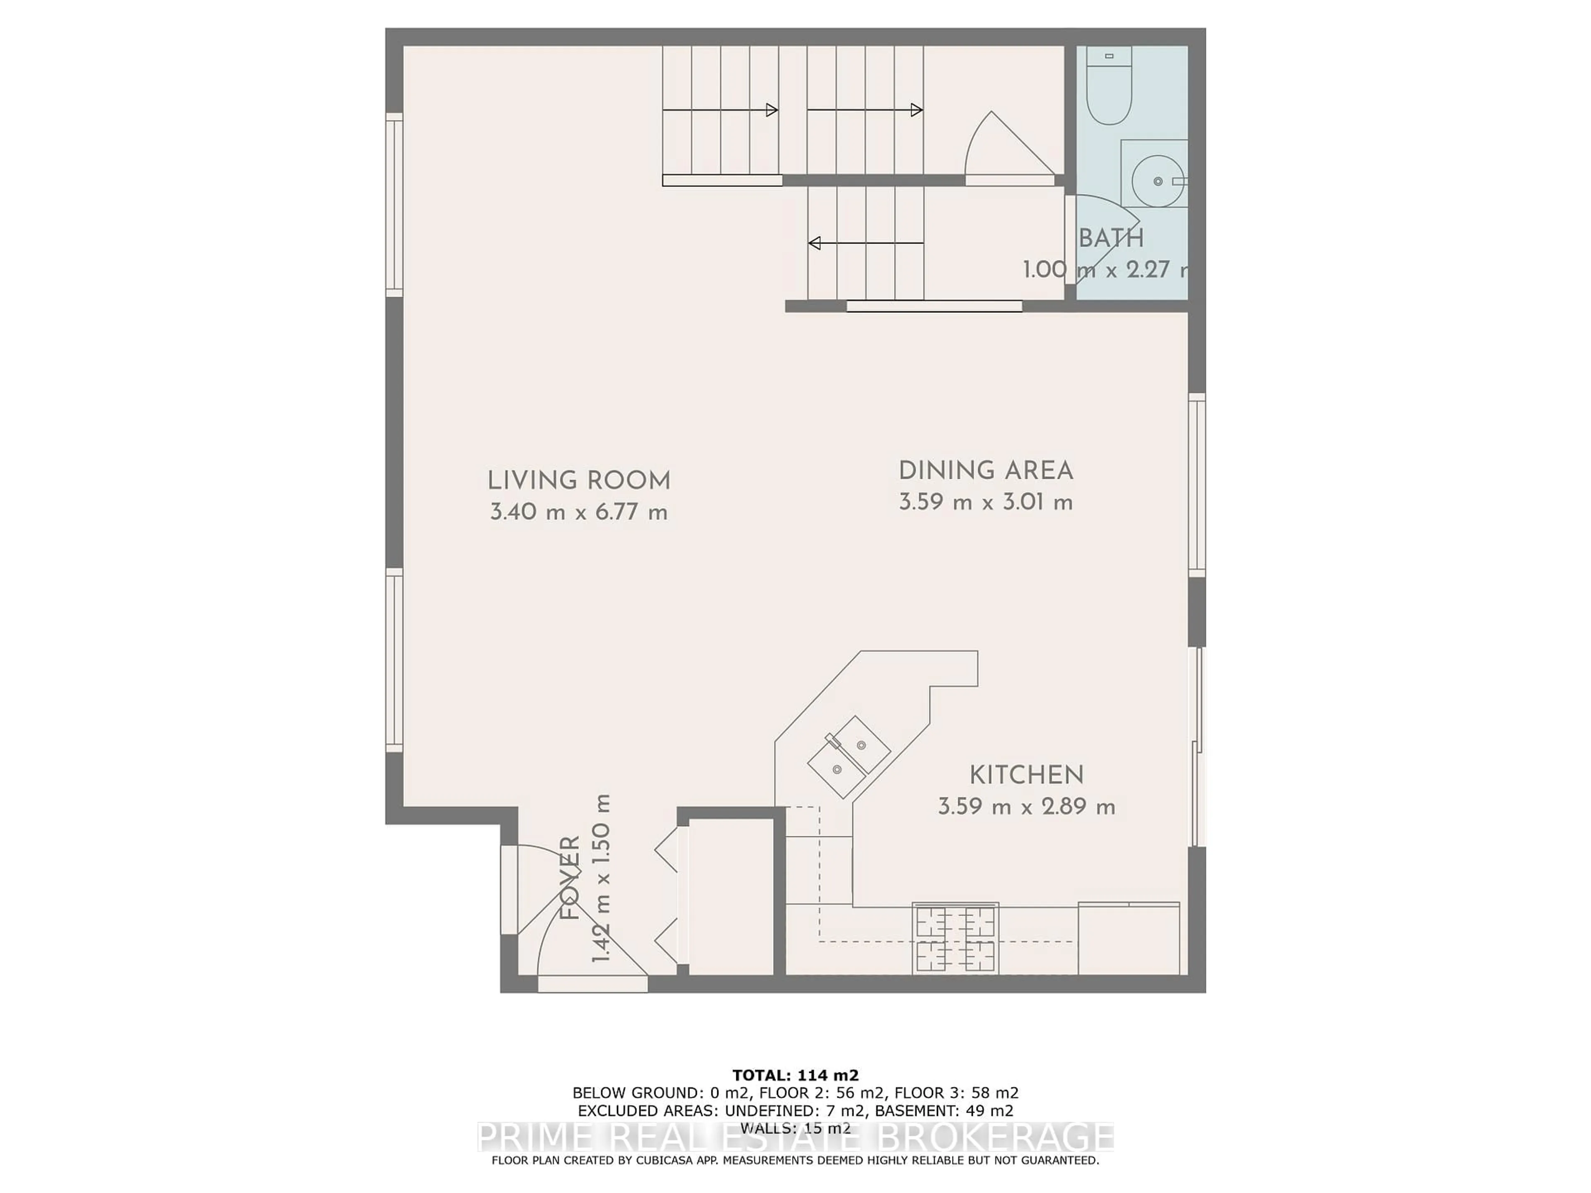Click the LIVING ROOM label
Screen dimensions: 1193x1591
(578, 481)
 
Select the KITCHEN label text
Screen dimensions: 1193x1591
(1026, 775)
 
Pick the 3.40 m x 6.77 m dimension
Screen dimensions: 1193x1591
(578, 513)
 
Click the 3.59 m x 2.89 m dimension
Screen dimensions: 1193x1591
(1026, 807)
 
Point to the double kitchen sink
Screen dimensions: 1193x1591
(849, 756)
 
